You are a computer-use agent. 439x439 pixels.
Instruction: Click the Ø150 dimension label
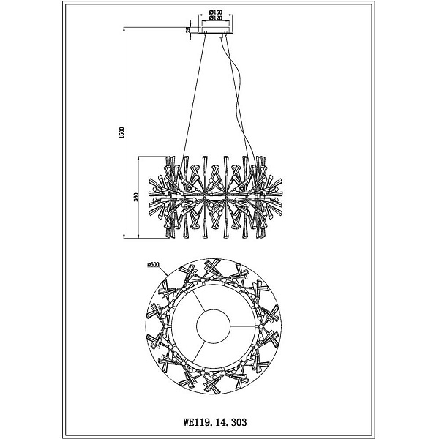point(215,12)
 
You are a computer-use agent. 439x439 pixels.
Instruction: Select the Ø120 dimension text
point(215,18)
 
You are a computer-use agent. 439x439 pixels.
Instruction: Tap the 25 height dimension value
point(188,30)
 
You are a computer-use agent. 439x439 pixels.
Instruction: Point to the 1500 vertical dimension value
point(121,132)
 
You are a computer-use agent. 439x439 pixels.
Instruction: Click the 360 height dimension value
point(136,197)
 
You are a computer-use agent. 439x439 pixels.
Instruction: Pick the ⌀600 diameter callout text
point(154,264)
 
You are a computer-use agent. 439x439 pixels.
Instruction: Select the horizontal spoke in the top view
point(245,326)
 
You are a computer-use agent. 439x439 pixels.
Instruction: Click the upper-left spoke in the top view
point(198,301)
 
